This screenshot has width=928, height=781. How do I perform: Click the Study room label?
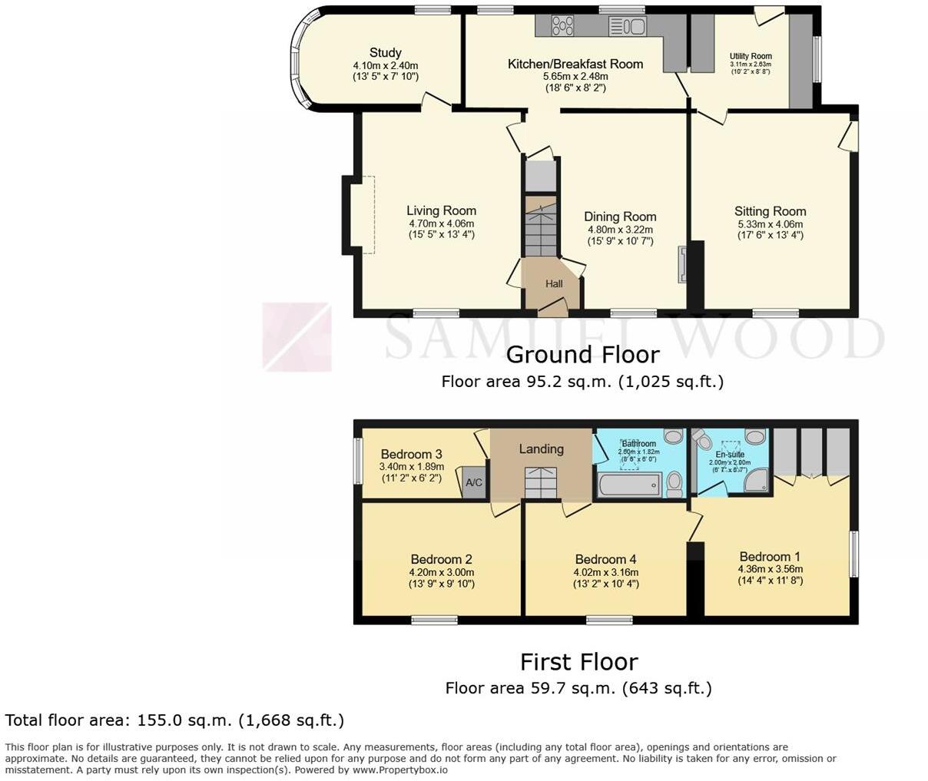click(x=385, y=52)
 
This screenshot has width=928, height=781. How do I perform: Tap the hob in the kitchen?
click(x=562, y=26)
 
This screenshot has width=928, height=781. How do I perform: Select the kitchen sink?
click(x=628, y=27)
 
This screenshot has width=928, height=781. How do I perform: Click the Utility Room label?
click(x=751, y=56)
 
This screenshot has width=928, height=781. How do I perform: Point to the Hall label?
click(x=554, y=283)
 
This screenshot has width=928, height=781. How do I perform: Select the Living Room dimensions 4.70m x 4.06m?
click(x=441, y=223)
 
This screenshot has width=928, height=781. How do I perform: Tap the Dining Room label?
click(x=620, y=217)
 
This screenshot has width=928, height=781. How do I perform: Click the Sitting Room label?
click(x=770, y=211)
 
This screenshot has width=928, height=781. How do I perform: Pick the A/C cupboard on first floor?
click(x=474, y=483)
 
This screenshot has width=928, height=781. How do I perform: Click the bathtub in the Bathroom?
click(x=629, y=485)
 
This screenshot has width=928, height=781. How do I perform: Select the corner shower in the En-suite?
click(x=756, y=480)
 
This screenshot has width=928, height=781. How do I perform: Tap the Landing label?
click(x=541, y=449)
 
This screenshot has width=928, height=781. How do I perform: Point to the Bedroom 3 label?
click(x=411, y=454)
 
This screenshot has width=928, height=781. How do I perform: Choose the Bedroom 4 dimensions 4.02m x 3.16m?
click(x=605, y=572)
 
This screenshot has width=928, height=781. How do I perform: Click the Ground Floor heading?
click(x=582, y=354)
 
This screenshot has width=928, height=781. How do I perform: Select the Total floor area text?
click(x=174, y=720)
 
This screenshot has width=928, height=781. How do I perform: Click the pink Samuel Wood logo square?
click(x=297, y=337)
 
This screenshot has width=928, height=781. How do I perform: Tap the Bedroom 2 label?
click(x=441, y=559)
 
